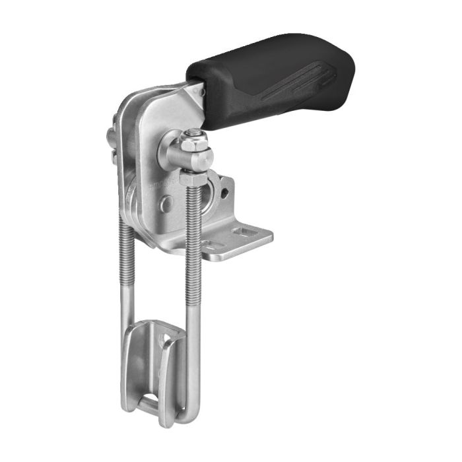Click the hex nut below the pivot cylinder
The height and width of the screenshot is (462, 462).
(191, 178)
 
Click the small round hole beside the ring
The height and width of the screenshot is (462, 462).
(225, 194)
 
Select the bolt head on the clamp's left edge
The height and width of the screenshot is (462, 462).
(110, 139)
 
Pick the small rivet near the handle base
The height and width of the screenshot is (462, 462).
(202, 92)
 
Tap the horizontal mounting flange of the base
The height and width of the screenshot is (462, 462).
(238, 241)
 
